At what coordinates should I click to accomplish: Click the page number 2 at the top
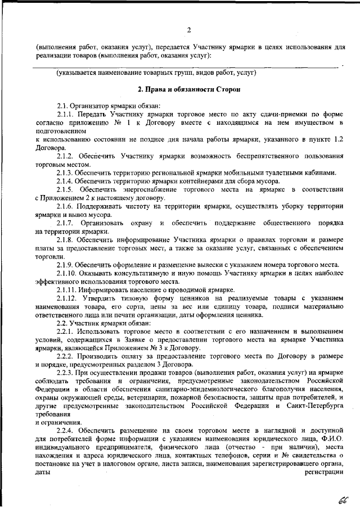coord(189,29)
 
